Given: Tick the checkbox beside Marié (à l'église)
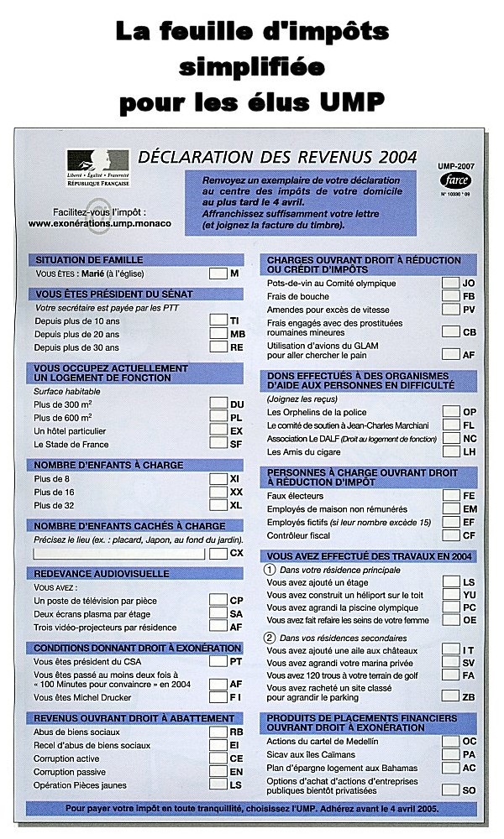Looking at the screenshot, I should coord(218,274).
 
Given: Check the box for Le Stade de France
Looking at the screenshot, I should coord(218,444).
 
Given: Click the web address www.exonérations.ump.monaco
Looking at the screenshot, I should coord(99,224).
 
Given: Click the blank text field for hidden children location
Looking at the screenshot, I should coord(119,553).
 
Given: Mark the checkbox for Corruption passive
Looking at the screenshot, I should coord(218,772).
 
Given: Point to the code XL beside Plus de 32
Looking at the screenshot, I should coord(236,506).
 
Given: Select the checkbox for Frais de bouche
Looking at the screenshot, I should coord(451,296).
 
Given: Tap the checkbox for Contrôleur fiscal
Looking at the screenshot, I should coord(451,535).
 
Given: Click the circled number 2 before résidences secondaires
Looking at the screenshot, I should coord(270,637).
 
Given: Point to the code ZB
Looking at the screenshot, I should coord(469,696).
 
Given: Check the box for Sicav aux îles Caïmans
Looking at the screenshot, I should coord(451,754).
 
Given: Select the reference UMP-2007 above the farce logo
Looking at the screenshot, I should coord(457,167).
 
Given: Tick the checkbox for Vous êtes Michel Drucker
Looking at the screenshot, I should coord(218,697).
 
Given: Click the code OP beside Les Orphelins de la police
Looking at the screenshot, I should coord(469,412).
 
